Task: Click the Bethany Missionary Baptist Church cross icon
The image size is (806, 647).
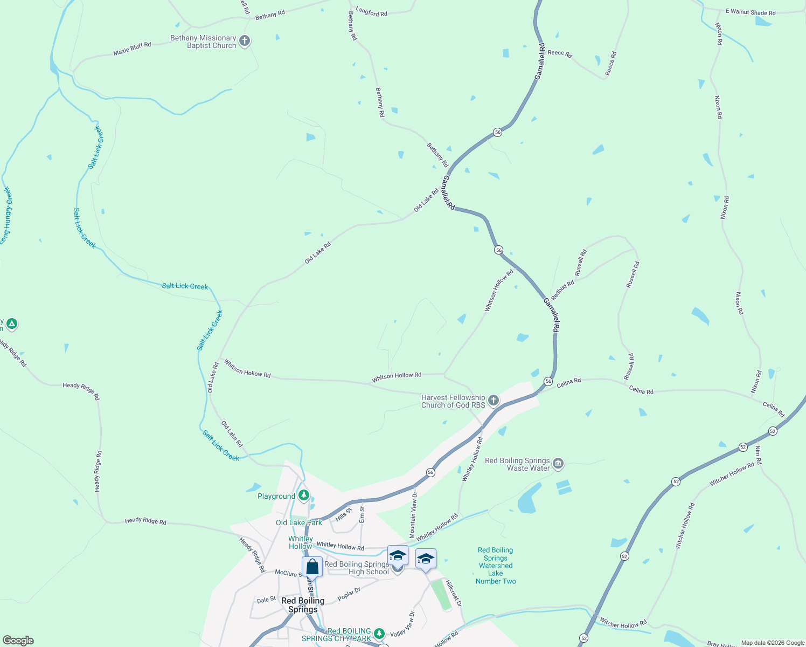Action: [x=245, y=41]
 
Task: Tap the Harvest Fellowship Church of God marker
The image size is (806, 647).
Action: [x=494, y=401]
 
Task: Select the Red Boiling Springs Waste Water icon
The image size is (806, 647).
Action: [x=558, y=463]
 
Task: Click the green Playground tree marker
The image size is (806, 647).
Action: [x=304, y=495]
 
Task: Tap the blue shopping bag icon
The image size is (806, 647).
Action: [x=312, y=567]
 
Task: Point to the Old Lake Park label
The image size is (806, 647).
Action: [x=298, y=522]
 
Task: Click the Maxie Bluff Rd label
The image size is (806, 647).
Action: [x=132, y=49]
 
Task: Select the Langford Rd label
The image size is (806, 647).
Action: [x=371, y=11]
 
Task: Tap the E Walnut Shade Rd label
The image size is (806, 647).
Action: [x=750, y=12]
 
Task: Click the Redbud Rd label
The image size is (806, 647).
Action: [x=562, y=287]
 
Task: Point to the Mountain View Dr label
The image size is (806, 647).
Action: [x=413, y=514]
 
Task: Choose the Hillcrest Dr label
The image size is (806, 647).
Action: [x=454, y=593]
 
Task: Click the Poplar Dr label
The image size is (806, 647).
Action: [x=349, y=594]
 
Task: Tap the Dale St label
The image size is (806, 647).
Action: [x=266, y=600]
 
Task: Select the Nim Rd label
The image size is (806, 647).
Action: [x=759, y=455]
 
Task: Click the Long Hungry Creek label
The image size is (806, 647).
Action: [x=6, y=215]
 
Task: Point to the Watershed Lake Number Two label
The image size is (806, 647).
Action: [x=496, y=566]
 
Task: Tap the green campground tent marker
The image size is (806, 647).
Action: [x=12, y=324]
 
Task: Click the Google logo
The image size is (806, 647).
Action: [x=18, y=641]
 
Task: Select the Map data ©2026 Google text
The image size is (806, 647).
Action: [x=772, y=643]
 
